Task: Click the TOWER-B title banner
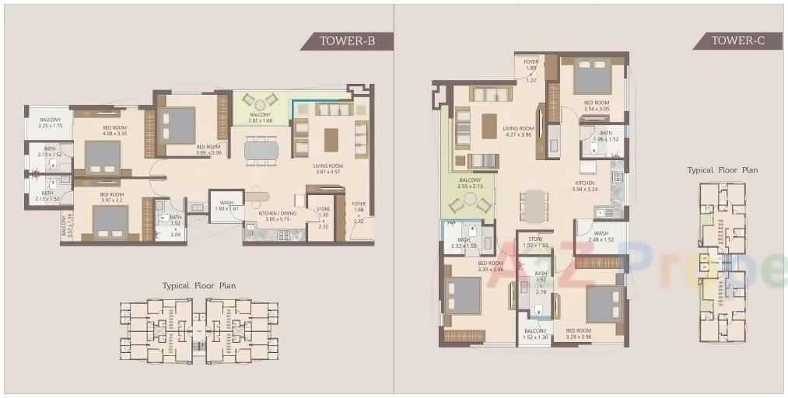[x=347, y=41]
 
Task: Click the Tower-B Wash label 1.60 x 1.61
[x=226, y=206]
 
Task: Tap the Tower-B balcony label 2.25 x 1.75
[x=50, y=123]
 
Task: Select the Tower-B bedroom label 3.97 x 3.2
[x=111, y=197]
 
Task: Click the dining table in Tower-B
[x=261, y=150]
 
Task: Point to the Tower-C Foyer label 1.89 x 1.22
[x=531, y=70]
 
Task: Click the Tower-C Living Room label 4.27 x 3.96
[x=518, y=132]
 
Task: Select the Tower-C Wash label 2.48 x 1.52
[x=601, y=236]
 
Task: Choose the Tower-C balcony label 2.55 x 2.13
[x=470, y=183]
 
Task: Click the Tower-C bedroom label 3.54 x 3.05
[x=597, y=106]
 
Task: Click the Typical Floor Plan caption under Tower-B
[x=199, y=286]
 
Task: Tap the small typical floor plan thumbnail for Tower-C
[x=722, y=262]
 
